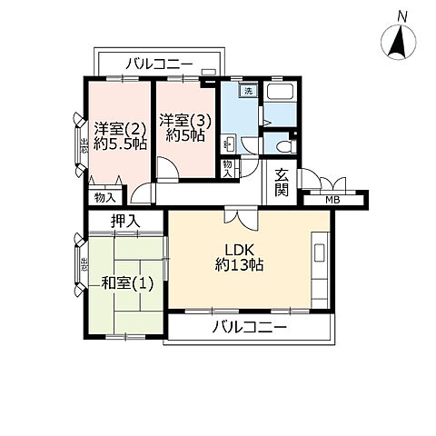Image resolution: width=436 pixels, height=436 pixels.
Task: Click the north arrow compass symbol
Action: [x=397, y=42]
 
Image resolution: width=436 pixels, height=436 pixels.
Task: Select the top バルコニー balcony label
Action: [x=158, y=64]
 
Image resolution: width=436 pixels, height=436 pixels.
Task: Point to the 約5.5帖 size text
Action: [x=119, y=144]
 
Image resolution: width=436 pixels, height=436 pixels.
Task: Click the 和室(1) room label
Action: [x=126, y=282]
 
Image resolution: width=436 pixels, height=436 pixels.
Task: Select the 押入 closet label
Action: [x=126, y=221]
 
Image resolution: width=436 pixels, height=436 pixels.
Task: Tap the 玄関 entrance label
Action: [x=282, y=183]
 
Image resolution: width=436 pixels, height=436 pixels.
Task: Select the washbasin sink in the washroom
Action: [x=228, y=143]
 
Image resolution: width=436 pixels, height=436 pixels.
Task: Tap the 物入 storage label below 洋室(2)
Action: [x=104, y=197]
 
